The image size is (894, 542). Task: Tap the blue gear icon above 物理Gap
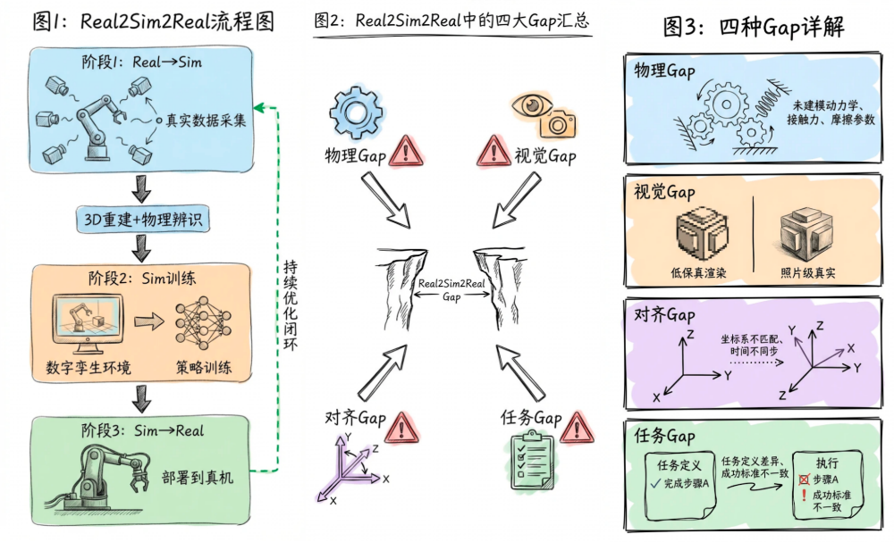point(356,113)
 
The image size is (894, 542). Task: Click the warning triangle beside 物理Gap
point(407,153)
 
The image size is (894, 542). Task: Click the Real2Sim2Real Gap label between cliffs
point(451,289)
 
